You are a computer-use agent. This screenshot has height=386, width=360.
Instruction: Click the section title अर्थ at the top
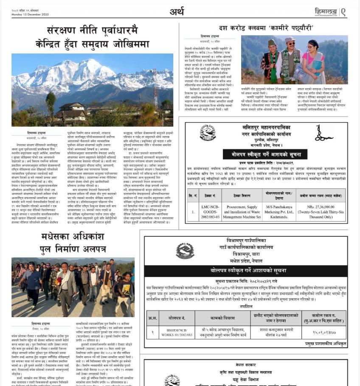point(177,11)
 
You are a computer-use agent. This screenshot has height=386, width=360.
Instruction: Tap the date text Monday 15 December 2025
point(31,15)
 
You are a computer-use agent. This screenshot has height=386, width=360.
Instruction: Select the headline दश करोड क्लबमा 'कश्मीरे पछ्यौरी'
point(266,28)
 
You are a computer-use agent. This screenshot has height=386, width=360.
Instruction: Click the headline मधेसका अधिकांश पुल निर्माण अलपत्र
point(73,243)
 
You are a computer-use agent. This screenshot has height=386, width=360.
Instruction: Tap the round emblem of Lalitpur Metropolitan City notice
point(208,133)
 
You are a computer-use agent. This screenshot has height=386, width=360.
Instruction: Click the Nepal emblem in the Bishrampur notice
point(185,250)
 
